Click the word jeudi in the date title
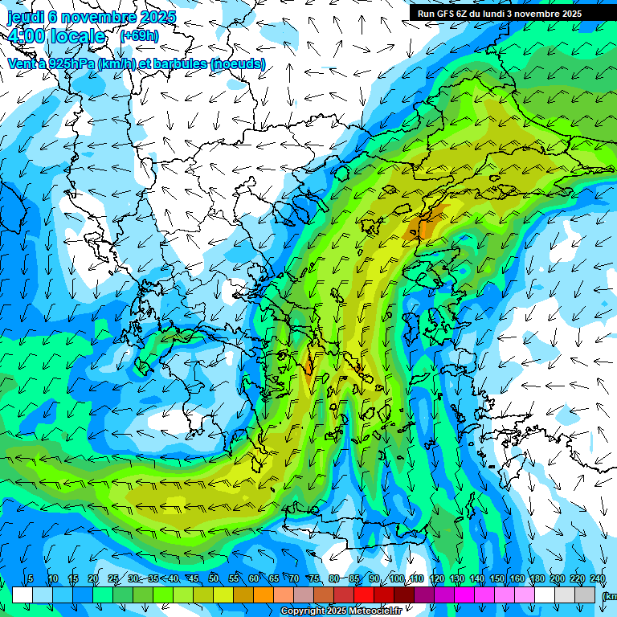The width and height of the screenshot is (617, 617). (28, 17)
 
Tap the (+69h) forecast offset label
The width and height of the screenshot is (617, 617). (139, 35)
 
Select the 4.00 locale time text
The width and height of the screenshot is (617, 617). (56, 36)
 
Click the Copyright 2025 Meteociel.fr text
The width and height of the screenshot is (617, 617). (341, 611)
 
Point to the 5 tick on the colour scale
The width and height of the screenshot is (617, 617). (31, 579)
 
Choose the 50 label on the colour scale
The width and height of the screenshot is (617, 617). (214, 579)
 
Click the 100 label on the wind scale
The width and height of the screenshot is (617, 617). (397, 579)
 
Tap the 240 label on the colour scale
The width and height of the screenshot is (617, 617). (597, 579)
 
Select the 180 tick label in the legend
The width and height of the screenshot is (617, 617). (537, 579)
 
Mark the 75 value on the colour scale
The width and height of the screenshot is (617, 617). (314, 579)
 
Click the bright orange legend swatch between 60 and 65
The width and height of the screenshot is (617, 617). (264, 595)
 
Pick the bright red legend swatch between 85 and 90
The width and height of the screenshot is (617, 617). (364, 595)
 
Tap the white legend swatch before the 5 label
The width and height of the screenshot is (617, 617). (22, 595)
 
